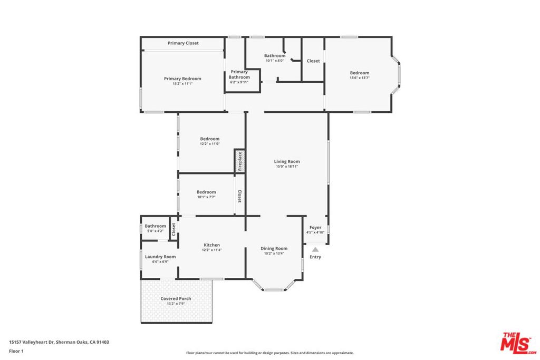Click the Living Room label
(x=287, y=161)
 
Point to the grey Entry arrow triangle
(x=315, y=249)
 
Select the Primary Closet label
(x=183, y=43)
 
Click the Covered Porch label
(x=176, y=299)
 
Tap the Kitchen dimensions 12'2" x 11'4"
(x=212, y=250)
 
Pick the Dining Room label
(x=274, y=248)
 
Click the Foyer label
(x=315, y=228)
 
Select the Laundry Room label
(x=160, y=257)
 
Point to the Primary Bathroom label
(x=239, y=74)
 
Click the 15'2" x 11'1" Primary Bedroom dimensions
(x=182, y=84)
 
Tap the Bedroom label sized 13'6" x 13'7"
(x=360, y=73)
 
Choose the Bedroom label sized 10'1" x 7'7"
(x=206, y=192)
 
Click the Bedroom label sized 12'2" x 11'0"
(x=210, y=139)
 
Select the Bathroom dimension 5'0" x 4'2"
(x=156, y=231)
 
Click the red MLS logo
(x=518, y=343)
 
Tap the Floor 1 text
(x=16, y=352)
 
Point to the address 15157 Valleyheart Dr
(x=31, y=342)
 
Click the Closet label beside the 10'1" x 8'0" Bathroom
(x=313, y=61)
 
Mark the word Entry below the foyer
(x=315, y=257)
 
